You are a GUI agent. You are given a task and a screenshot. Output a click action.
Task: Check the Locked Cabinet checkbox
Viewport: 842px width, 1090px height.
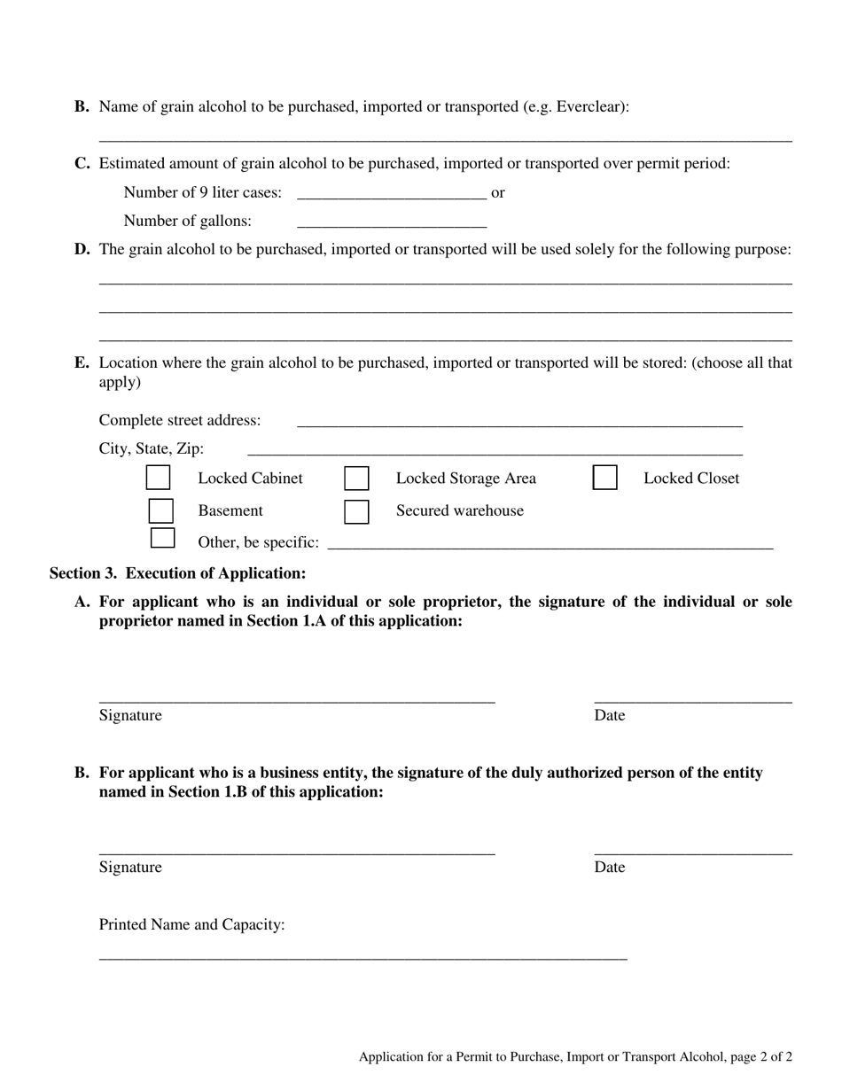click(158, 478)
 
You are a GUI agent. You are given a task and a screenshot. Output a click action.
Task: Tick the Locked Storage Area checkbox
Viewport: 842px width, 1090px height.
click(356, 479)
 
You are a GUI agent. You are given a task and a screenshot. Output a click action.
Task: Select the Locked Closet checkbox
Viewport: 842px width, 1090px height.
click(605, 478)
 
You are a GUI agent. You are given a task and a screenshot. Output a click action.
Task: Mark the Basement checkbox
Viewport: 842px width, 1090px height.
click(160, 511)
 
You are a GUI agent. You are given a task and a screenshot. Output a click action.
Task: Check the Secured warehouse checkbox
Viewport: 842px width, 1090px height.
click(356, 511)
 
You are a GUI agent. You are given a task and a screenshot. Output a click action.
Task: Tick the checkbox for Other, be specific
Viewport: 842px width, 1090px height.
click(162, 538)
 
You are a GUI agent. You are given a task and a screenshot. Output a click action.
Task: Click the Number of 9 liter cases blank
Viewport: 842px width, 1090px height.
click(392, 193)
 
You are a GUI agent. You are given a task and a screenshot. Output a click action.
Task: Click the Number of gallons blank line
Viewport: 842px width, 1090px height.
click(392, 222)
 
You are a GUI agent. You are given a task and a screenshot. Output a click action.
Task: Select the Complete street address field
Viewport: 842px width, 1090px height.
click(519, 420)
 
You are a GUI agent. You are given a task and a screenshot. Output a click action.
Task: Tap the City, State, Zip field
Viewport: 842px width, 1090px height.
click(495, 448)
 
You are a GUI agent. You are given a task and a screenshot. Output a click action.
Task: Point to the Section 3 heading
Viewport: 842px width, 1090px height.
click(177, 573)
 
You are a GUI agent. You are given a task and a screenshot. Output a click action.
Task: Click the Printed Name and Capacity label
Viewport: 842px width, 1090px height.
click(191, 925)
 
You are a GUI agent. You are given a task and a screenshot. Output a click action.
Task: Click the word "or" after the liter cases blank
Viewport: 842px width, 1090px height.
click(498, 193)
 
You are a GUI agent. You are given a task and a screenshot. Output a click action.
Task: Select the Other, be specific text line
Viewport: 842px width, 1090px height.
click(550, 542)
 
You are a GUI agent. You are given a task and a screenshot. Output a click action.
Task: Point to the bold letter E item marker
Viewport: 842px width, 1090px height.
click(82, 362)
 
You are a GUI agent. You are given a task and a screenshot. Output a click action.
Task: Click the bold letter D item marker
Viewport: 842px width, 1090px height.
click(82, 250)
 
